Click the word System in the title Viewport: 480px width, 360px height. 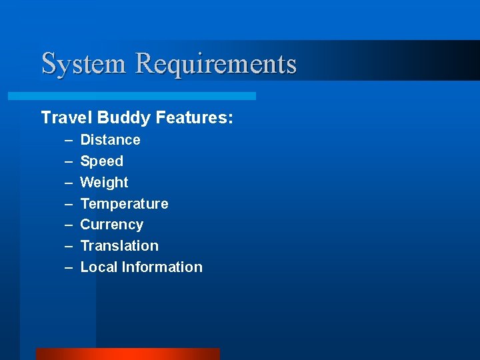83,64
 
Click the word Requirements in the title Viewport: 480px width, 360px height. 216,64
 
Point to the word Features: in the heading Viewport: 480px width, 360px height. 195,118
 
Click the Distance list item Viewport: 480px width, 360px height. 110,140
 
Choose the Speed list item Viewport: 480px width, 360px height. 101,161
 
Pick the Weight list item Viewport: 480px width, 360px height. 104,183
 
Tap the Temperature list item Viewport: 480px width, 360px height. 124,203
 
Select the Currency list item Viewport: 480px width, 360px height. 111,225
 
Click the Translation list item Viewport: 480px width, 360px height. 119,246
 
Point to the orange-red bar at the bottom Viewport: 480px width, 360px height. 127,354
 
